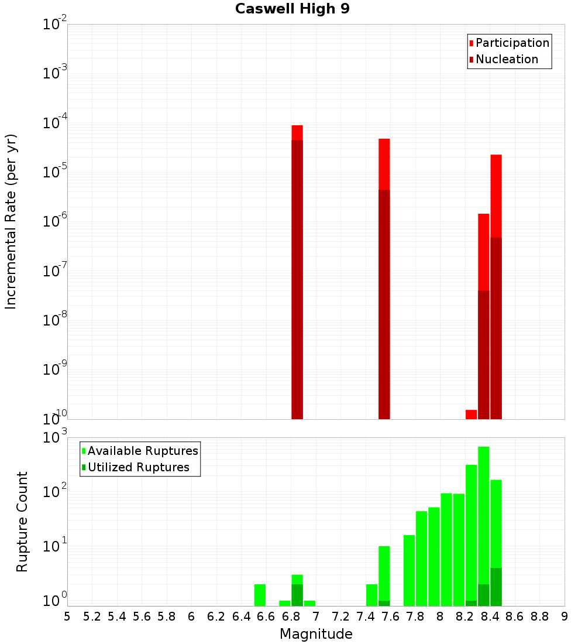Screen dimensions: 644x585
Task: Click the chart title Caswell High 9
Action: pyautogui.click(x=292, y=9)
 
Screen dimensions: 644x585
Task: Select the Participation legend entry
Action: pyautogui.click(x=512, y=43)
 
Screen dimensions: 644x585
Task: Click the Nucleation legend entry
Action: pyautogui.click(x=507, y=59)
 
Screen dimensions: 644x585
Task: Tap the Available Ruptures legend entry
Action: pyautogui.click(x=142, y=451)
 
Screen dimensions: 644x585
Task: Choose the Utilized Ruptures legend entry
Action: pyautogui.click(x=138, y=467)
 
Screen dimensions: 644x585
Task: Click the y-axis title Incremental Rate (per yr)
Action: pyautogui.click(x=12, y=221)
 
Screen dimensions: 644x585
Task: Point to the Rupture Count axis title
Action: pyautogui.click(x=22, y=522)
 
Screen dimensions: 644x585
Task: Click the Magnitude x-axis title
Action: pyautogui.click(x=316, y=634)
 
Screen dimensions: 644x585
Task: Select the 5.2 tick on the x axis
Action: pyautogui.click(x=92, y=616)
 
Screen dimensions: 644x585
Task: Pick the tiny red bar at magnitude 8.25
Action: pyautogui.click(x=472, y=414)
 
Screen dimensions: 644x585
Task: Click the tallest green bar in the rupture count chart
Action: pyautogui.click(x=484, y=498)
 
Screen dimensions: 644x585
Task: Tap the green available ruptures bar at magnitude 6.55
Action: pyautogui.click(x=260, y=595)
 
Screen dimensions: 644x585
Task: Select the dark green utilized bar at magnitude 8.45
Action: pyautogui.click(x=496, y=587)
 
